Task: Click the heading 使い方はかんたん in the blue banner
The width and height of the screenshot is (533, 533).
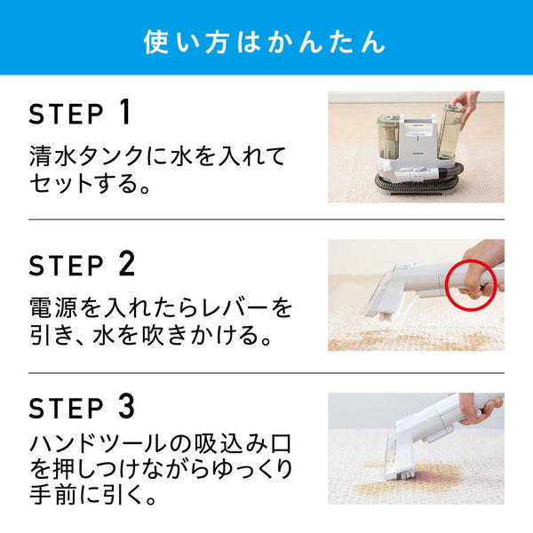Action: pos(266,42)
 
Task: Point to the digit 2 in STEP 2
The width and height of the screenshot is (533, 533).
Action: pos(125,263)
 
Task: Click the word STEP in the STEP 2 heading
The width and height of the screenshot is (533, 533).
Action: pos(67,265)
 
